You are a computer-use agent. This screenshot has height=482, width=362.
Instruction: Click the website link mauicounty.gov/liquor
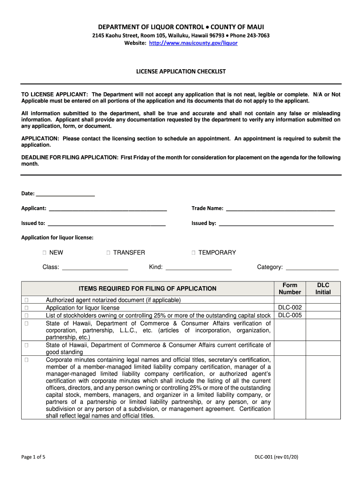coord(193,43)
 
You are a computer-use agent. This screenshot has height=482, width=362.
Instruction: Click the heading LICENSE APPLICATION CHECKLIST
coord(181,72)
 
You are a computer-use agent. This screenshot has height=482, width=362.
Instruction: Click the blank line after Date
coord(65,194)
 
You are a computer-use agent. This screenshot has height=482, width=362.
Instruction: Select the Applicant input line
coord(108,208)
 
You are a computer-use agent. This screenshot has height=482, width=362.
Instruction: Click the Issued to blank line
coord(107,223)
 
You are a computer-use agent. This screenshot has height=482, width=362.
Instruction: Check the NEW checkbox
coord(44,253)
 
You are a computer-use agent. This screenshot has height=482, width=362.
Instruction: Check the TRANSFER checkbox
coord(108,253)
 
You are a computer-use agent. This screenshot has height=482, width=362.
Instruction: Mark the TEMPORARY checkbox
coord(193,253)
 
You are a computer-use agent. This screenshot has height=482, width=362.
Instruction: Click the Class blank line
coord(95,267)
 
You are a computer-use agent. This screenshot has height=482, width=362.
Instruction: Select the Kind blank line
coord(199,267)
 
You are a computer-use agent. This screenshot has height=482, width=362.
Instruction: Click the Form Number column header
coord(290,289)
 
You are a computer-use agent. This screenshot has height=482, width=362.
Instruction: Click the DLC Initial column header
coord(323,289)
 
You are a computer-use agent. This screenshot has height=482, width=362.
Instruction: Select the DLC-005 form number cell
coord(290,315)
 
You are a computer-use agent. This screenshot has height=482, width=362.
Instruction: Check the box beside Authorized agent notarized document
coord(27,300)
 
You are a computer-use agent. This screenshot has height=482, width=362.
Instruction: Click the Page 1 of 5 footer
coord(33,457)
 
